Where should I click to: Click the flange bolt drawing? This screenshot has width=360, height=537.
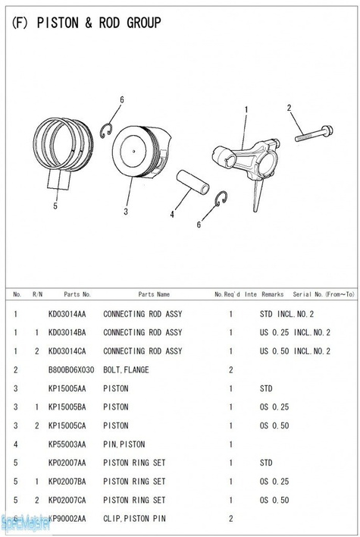(314, 134)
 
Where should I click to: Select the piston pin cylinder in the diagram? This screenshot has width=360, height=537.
(193, 182)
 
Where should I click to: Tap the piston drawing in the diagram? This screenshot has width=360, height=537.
(141, 151)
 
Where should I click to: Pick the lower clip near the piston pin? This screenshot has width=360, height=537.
(222, 199)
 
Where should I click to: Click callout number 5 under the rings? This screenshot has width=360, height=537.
(55, 206)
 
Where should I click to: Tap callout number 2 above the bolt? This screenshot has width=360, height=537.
(290, 108)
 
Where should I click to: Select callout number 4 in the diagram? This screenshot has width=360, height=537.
(172, 215)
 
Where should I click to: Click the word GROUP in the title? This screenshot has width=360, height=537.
(144, 23)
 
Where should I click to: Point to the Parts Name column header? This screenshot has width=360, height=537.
(154, 294)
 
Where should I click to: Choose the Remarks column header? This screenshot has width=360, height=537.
(273, 294)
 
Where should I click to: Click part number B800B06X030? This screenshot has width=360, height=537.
(71, 370)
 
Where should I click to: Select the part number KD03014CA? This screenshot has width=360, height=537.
(67, 351)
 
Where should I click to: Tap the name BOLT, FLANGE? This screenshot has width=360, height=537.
(126, 370)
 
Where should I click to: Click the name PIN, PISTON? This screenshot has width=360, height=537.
(124, 444)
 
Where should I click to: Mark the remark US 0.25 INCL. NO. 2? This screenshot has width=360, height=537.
(295, 332)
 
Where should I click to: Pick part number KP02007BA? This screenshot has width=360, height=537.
(67, 482)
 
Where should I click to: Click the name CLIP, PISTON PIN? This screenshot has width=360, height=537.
(134, 519)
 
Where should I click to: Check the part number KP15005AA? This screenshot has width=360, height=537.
(67, 388)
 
